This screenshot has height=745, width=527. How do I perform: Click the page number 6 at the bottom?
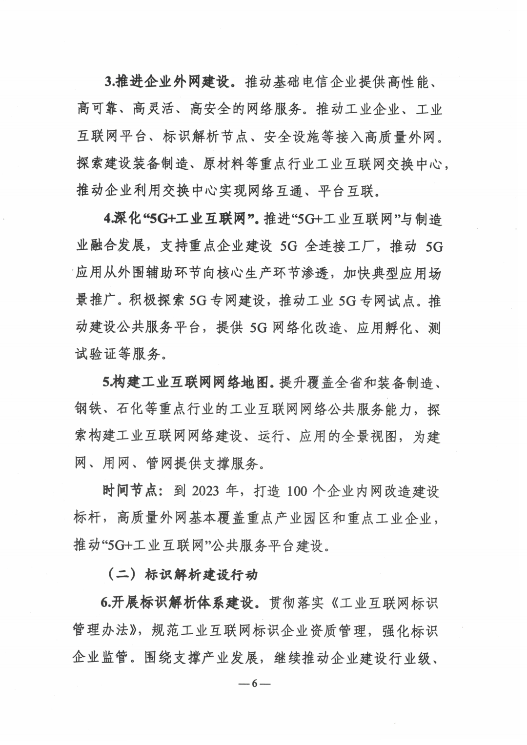coord(254,683)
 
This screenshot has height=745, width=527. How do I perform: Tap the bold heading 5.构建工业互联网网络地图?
coord(186,383)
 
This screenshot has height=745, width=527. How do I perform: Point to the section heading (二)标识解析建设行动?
coord(182,575)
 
